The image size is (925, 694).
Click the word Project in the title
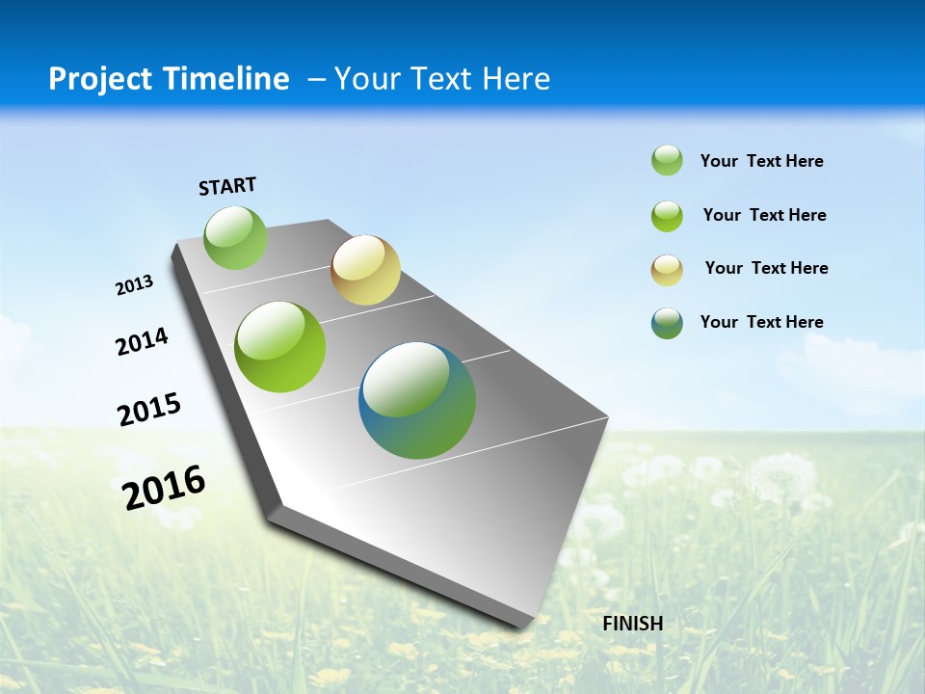[98, 79]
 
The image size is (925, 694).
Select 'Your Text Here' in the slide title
[442, 79]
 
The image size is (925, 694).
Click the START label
[227, 186]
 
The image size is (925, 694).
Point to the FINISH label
[633, 624]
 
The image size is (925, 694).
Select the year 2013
[134, 285]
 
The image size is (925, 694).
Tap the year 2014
[142, 341]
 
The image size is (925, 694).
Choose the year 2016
[164, 488]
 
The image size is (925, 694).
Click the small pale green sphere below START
[235, 237]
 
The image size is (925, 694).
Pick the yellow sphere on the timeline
[365, 270]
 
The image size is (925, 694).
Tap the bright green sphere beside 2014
[280, 347]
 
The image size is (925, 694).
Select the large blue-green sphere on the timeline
[417, 400]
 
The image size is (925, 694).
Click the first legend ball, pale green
[667, 160]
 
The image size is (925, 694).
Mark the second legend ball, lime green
[667, 216]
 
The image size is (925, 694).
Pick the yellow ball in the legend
[667, 270]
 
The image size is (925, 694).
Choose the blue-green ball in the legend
[667, 323]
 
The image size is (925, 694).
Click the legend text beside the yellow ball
[766, 268]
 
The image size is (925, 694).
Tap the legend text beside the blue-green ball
[761, 322]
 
